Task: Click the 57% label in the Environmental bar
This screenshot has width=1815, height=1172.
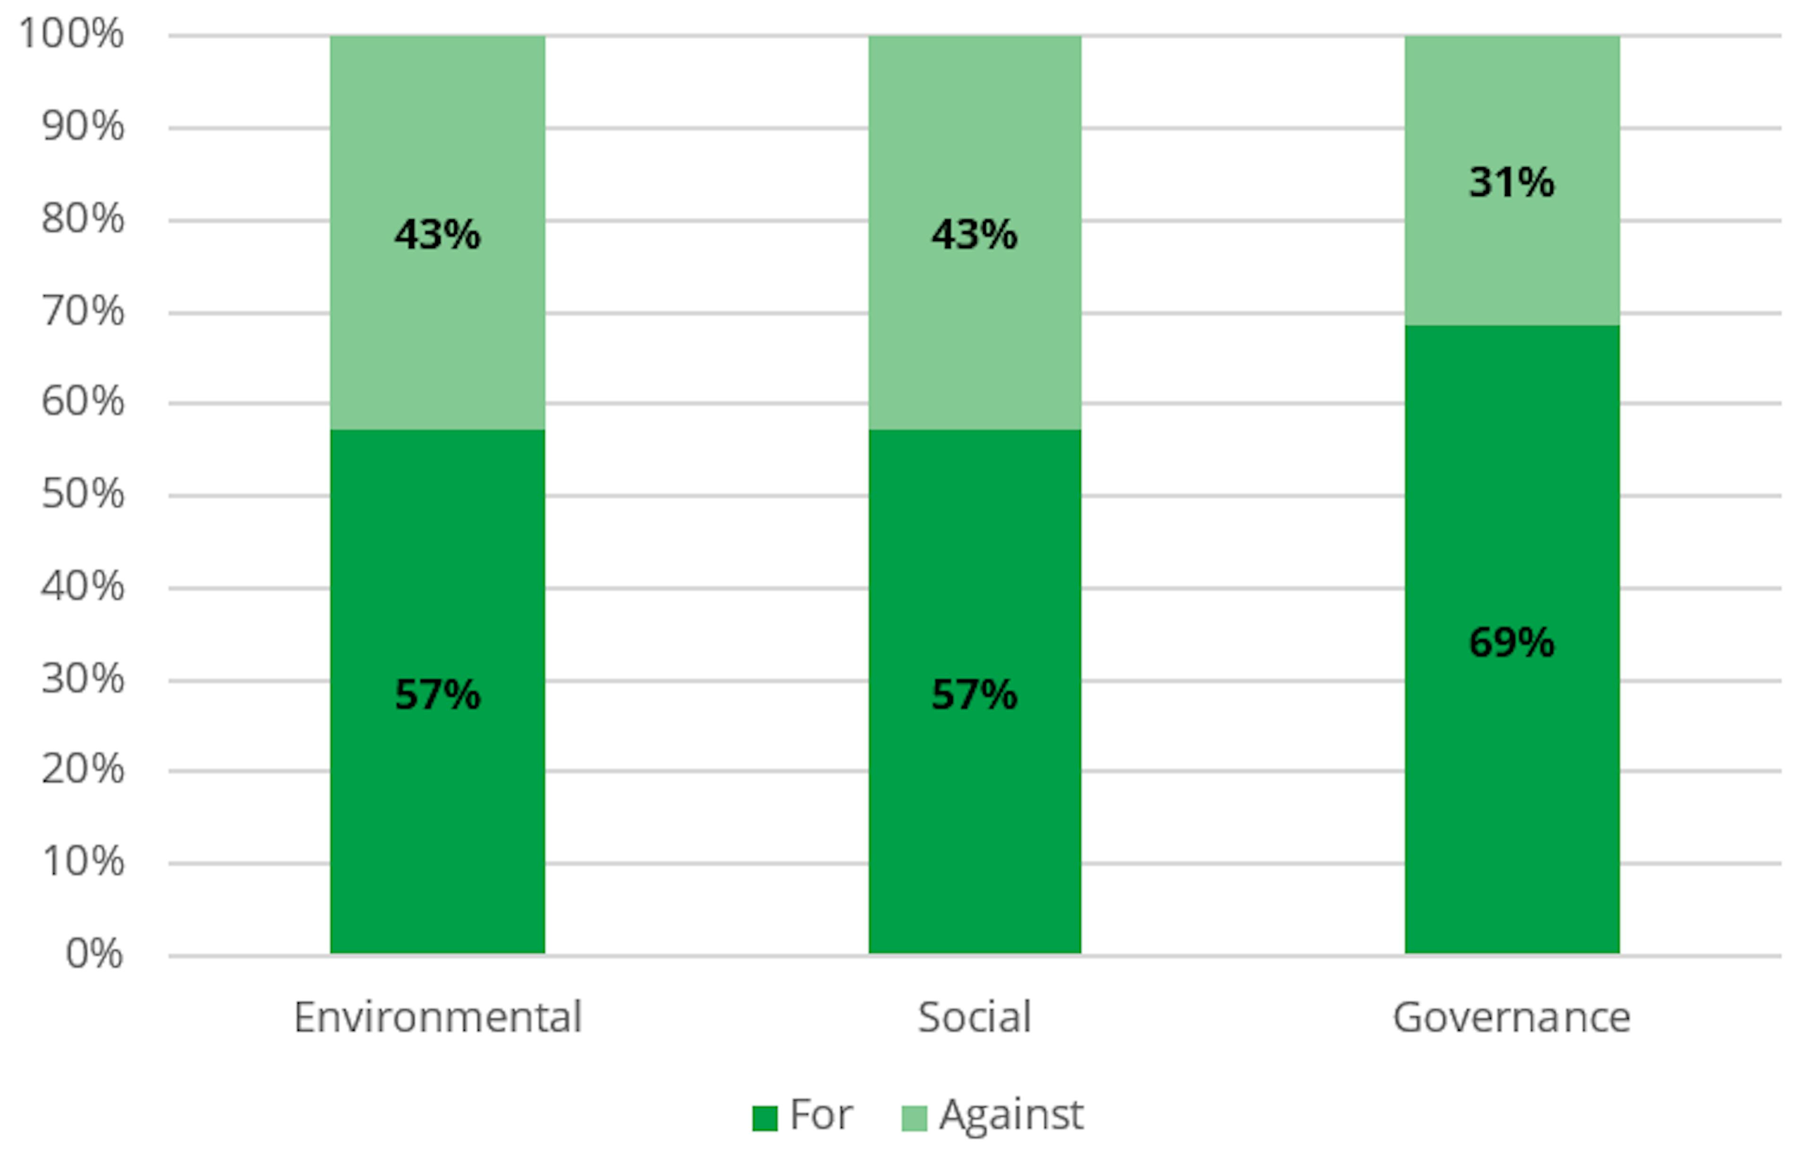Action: [x=438, y=694]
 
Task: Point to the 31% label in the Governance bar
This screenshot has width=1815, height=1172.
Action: [x=1512, y=182]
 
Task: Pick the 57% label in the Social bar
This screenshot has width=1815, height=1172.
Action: [x=974, y=694]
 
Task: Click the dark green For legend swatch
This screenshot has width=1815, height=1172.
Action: [x=764, y=1118]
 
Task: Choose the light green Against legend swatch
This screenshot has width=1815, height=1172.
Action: [x=914, y=1118]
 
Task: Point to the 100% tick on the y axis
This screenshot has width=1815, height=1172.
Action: [x=71, y=34]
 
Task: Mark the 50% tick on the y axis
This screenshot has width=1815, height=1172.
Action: [x=83, y=495]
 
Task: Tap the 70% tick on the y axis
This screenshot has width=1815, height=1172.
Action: [x=83, y=311]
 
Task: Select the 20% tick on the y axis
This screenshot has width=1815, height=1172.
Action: [x=83, y=769]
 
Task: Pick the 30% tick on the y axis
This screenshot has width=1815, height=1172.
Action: [x=83, y=679]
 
